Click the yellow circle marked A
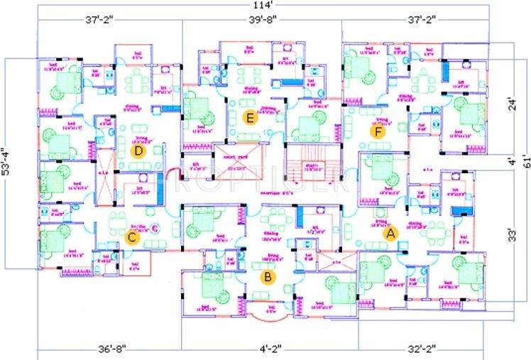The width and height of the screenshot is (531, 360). coord(389,231)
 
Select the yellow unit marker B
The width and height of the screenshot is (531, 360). coord(268,277)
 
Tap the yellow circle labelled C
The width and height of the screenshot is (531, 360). coord(131,237)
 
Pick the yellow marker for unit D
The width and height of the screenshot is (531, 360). coord(139,151)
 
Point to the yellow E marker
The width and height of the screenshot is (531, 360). coord(248,117)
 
